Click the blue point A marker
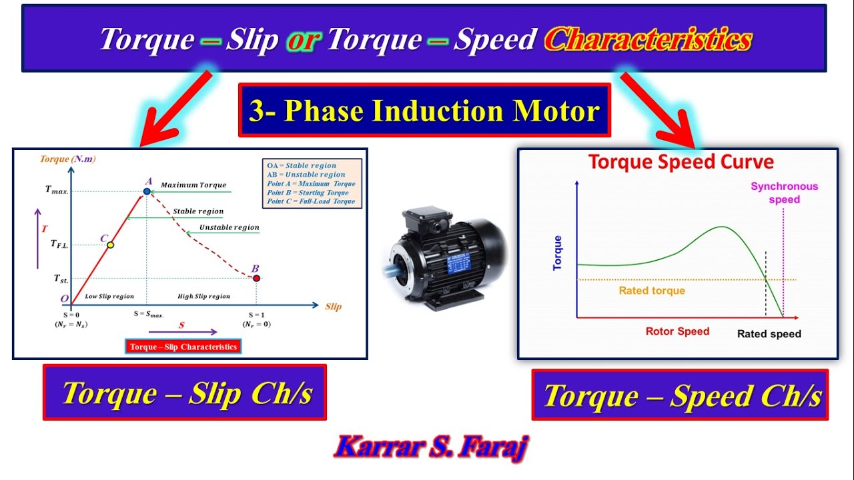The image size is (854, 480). click(147, 191)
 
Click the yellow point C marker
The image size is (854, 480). click(111, 245)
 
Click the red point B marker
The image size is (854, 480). click(256, 278)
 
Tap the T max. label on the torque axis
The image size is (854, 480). click(57, 190)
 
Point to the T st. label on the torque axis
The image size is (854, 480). click(60, 279)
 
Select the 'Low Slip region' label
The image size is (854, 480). click(109, 296)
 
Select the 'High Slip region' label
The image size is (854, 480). click(203, 296)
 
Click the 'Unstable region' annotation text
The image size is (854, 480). click(229, 227)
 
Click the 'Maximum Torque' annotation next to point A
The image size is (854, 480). click(193, 185)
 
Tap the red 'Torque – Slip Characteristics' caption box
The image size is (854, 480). click(183, 347)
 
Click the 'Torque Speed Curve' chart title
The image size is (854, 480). click(680, 162)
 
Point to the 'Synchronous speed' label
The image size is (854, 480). click(784, 193)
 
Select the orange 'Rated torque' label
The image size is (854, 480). click(652, 291)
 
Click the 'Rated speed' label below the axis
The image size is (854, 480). click(769, 334)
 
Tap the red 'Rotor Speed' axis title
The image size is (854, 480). click(677, 331)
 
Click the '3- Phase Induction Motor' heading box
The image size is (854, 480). click(424, 111)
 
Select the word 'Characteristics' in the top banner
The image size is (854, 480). click(647, 40)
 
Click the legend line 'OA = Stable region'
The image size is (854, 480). click(301, 165)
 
